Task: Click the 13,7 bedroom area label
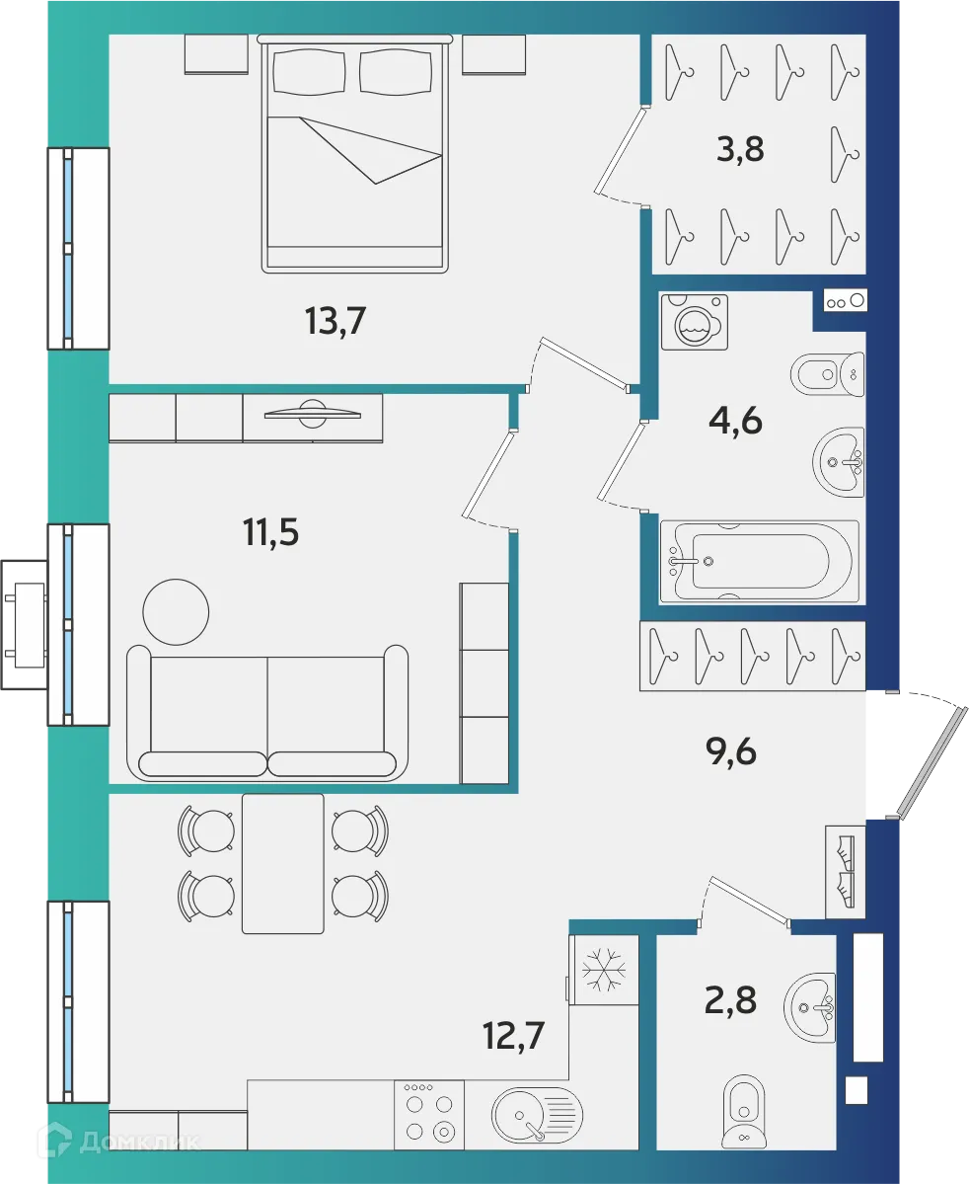pos(335,322)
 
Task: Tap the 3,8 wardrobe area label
pos(740,152)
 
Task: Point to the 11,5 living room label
pos(270,532)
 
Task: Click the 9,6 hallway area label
pos(731,752)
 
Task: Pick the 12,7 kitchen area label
pos(513,1036)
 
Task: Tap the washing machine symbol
pos(695,321)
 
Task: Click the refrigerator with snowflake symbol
pos(603,970)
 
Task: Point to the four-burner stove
pos(429,1114)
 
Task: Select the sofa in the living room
pos(267,713)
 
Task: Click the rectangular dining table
pos(283,863)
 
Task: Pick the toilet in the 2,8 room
pos(742,1112)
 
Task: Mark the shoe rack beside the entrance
pos(845,871)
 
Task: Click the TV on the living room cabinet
pos(312,414)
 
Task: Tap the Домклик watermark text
pos(138,1143)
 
